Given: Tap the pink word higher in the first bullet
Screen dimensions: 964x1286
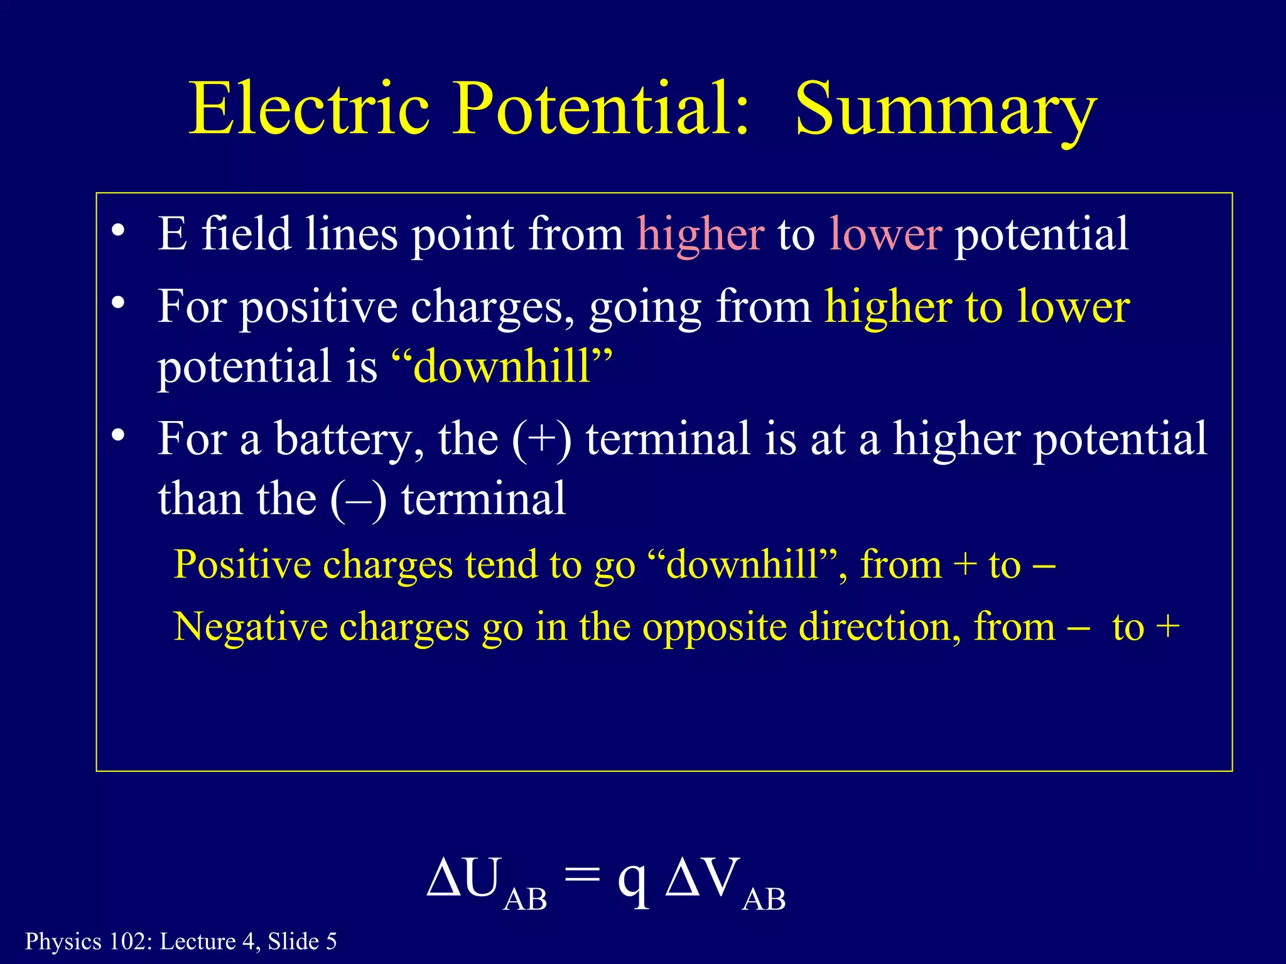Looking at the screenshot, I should pyautogui.click(x=701, y=233).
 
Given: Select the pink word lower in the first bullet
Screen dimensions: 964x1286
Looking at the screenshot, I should pyautogui.click(x=885, y=233).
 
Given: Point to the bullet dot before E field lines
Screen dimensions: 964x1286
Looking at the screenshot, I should pyautogui.click(x=117, y=230).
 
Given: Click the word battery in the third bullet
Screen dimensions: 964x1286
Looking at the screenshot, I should pyautogui.click(x=349, y=439).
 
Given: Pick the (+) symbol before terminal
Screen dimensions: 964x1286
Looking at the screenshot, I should pyautogui.click(x=542, y=439).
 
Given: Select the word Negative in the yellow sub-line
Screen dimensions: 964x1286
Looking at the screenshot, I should pyautogui.click(x=251, y=627).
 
